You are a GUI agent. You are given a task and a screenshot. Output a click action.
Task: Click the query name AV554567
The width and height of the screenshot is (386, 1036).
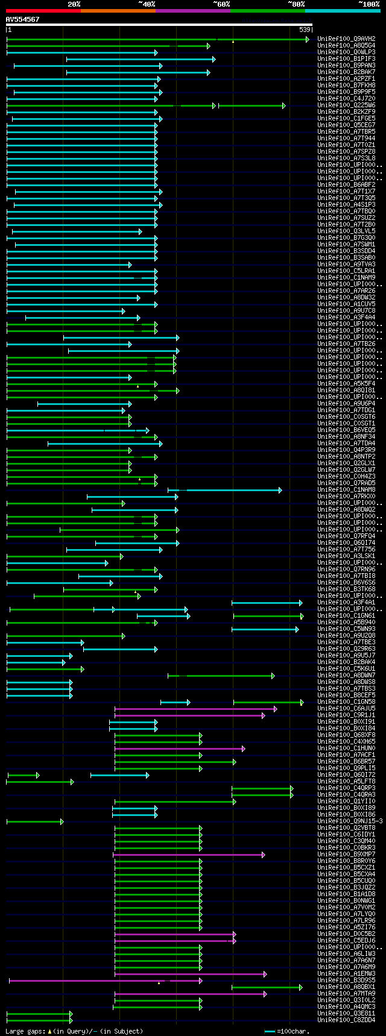click(22, 19)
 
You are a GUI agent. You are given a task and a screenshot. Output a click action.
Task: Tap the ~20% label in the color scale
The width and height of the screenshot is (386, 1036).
click(74, 4)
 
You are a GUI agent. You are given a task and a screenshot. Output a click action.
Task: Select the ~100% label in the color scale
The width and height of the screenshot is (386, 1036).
click(369, 4)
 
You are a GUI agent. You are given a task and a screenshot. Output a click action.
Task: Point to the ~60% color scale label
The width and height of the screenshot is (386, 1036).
click(221, 4)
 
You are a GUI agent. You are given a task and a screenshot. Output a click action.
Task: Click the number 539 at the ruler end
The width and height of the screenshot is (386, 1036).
click(305, 30)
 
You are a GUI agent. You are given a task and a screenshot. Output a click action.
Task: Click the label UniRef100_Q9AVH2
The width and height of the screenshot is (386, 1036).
click(346, 39)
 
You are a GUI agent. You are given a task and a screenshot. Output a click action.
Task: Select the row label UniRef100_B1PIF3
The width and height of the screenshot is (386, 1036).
click(346, 58)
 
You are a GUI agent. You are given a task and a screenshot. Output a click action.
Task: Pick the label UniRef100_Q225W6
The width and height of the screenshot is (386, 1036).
click(346, 105)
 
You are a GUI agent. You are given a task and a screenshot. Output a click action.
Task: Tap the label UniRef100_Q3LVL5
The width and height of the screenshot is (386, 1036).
click(346, 231)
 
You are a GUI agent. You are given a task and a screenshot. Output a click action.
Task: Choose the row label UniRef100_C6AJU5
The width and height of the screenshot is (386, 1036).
click(346, 708)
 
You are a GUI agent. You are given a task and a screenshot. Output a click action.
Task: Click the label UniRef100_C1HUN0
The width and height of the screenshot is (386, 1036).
click(346, 748)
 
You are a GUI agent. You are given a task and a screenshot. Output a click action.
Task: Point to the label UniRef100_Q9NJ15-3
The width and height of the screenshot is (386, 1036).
click(350, 821)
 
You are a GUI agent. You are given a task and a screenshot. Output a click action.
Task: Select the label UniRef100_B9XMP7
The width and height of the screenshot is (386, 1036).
click(346, 854)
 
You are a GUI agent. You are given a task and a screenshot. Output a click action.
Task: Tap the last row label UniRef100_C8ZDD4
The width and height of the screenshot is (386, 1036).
click(346, 1020)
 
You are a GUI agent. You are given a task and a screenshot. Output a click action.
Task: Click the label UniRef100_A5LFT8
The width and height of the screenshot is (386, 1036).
click(346, 781)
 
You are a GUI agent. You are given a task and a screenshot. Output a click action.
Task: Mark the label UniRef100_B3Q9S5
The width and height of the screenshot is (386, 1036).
click(346, 980)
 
